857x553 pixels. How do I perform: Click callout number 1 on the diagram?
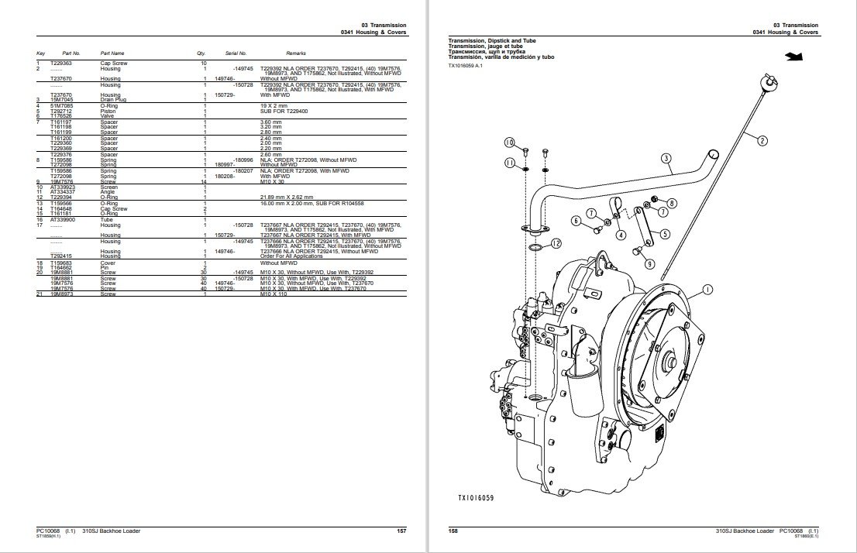click(707, 290)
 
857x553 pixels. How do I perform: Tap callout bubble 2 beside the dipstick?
click(762, 141)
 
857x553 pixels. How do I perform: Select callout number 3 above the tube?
click(665, 159)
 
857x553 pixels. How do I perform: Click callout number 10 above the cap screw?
click(509, 143)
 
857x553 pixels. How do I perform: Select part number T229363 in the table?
click(60, 62)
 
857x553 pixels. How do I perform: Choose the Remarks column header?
click(296, 53)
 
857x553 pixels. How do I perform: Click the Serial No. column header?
click(235, 53)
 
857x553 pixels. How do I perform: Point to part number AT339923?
click(62, 187)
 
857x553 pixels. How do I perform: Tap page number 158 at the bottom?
click(453, 531)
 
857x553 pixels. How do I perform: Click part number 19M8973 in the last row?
click(61, 294)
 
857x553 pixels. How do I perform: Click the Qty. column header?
click(201, 53)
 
